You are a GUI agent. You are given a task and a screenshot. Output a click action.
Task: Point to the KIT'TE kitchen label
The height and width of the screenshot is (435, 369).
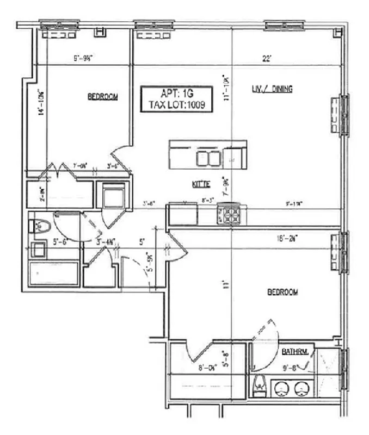click(201, 184)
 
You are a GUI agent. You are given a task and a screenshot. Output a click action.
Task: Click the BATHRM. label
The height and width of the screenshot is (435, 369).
click(296, 352)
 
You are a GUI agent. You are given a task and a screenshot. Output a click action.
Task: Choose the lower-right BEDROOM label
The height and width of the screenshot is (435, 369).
click(282, 293)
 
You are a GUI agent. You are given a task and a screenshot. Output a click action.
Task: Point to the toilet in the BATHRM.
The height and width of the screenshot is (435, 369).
click(261, 385)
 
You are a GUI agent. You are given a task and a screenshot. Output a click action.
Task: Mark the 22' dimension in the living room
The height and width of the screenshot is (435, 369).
click(266, 59)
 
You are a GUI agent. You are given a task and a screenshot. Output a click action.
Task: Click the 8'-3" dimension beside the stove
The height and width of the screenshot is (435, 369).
click(207, 201)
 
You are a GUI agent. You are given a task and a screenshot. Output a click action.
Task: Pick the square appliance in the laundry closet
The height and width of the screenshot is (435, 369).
click(114, 195)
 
